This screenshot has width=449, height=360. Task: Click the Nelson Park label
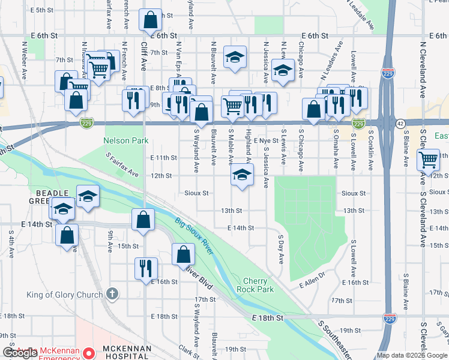(x=126, y=141)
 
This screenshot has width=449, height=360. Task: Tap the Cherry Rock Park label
(x=258, y=285)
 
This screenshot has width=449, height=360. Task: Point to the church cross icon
(x=111, y=294)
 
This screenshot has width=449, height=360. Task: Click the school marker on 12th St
(x=241, y=176)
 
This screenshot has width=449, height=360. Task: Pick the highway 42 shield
(x=400, y=123)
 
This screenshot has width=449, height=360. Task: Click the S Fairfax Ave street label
(x=122, y=165)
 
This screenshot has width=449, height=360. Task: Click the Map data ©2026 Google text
(x=412, y=355)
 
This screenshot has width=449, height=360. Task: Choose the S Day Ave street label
(x=280, y=249)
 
